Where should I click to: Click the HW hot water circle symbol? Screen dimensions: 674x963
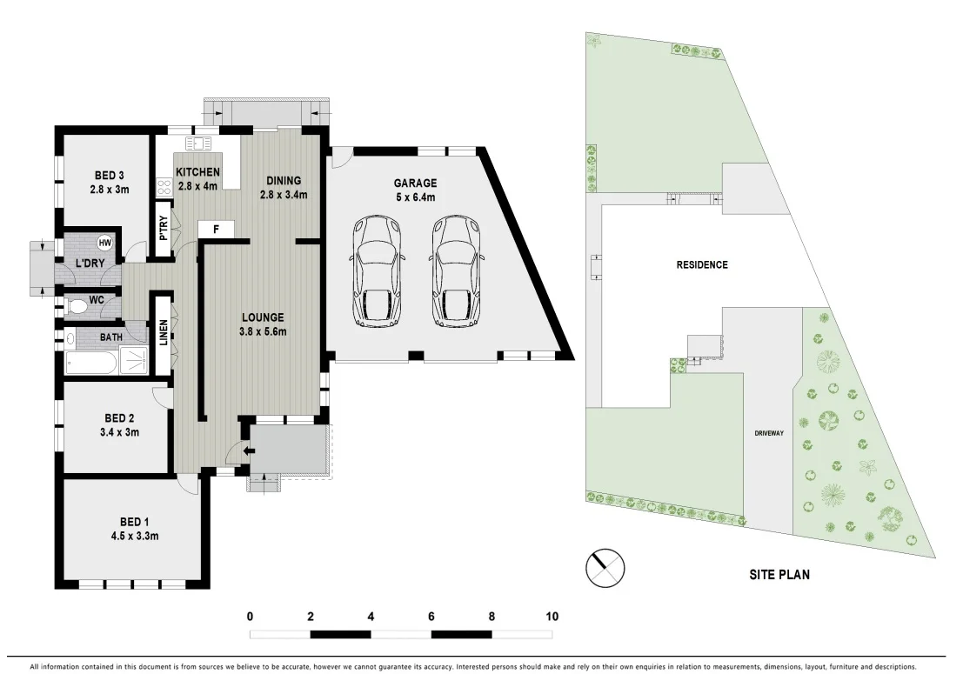point(105,243)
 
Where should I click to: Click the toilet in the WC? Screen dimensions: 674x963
point(76,306)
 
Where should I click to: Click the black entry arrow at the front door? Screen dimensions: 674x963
point(249,450)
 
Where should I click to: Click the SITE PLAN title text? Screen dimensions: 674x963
point(779,574)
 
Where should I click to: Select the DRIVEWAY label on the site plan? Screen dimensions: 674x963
point(770,432)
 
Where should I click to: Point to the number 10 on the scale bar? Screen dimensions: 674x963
point(552,617)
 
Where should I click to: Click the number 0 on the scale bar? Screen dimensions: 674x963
point(251,617)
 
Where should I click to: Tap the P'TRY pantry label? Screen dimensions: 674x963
point(162,228)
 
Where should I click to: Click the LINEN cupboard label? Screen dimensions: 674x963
point(162,335)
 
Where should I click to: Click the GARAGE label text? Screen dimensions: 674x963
point(415,184)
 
